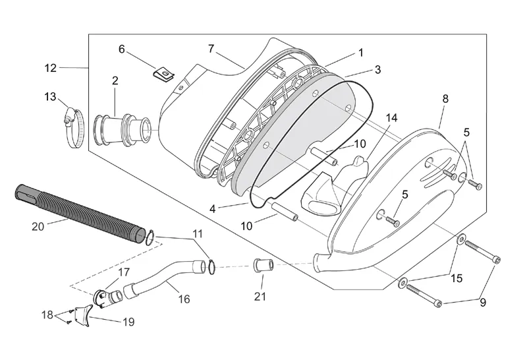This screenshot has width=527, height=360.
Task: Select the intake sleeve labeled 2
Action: click(x=122, y=130)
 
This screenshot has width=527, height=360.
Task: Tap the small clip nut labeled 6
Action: click(x=163, y=74)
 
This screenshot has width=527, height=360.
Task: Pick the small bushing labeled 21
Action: click(x=263, y=264)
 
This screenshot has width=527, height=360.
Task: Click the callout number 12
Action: click(x=51, y=68)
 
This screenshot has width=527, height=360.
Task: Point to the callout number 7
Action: click(x=211, y=49)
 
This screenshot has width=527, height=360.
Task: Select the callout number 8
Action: click(x=445, y=99)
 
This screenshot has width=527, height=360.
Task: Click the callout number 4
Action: click(x=212, y=209)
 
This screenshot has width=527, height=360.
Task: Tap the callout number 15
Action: click(x=457, y=278)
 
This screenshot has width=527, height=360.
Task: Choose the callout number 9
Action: click(x=483, y=303)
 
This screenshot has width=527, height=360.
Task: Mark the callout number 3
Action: click(x=377, y=70)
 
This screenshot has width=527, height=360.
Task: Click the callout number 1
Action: click(x=361, y=53)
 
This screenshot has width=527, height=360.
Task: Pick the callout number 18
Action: click(x=47, y=315)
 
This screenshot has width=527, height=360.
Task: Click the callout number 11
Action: click(x=198, y=233)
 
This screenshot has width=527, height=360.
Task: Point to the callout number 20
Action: click(x=38, y=227)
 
